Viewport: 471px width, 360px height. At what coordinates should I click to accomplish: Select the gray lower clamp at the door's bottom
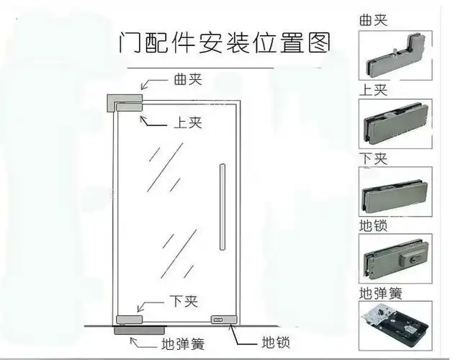tap(129, 319)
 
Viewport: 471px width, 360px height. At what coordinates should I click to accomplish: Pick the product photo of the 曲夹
tap(395, 55)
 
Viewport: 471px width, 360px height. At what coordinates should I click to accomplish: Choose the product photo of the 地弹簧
tap(395, 325)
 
